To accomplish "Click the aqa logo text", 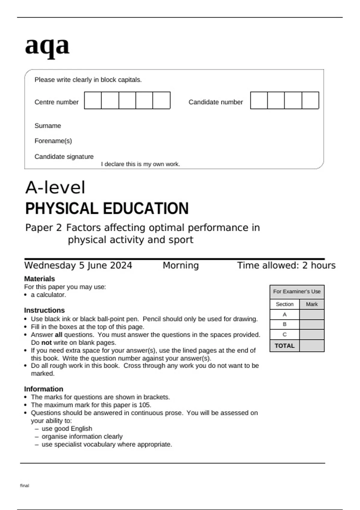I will (47, 46).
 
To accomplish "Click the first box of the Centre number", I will (93, 100).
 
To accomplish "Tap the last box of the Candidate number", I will (310, 100).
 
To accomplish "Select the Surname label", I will (48, 126).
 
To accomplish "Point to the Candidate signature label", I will (64, 157).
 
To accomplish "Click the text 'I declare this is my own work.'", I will (140, 164).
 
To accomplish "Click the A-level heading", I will (55, 188).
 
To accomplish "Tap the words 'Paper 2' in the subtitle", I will (43, 228).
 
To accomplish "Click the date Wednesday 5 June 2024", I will (78, 265).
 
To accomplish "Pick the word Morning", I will (181, 265).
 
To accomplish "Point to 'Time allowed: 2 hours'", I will (286, 265).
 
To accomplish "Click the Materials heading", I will (39, 279).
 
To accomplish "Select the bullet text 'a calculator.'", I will (48, 295).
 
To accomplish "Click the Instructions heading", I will (44, 310).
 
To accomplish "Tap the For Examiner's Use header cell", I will (297, 292).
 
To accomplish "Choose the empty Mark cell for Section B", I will (312, 325).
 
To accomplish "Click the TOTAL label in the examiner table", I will (284, 346).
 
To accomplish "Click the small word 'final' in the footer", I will (25, 485).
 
